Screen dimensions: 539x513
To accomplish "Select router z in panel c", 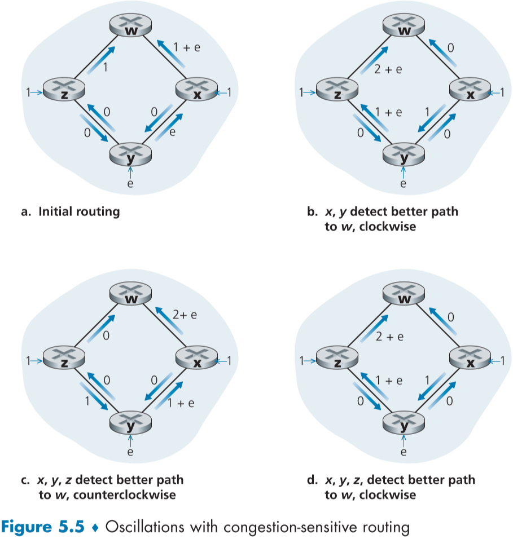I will (64, 359).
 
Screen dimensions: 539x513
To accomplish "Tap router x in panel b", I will (469, 91).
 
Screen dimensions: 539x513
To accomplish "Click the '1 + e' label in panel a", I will (186, 48).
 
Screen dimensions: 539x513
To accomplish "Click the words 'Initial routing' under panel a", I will (80, 212).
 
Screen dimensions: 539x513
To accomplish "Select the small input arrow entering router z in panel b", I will (309, 92).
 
